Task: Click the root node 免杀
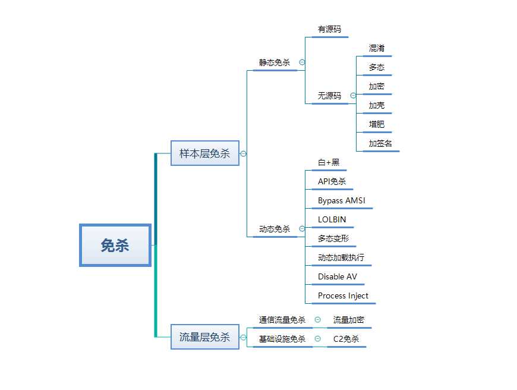(x=115, y=245)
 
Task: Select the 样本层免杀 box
(x=204, y=153)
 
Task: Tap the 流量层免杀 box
(x=204, y=337)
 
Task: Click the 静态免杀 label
(x=275, y=62)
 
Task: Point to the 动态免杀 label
(x=275, y=229)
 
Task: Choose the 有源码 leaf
(x=329, y=29)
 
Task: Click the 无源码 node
(x=329, y=96)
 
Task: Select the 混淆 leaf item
(x=376, y=48)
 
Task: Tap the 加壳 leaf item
(x=376, y=105)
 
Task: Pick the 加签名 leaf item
(x=380, y=143)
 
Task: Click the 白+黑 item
(x=329, y=162)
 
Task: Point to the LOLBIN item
(x=332, y=219)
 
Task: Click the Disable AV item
(x=338, y=276)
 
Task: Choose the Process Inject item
(x=343, y=295)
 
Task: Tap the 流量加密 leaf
(x=349, y=320)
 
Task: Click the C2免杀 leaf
(x=346, y=339)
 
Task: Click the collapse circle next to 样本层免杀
(x=243, y=153)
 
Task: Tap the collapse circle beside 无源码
(x=353, y=96)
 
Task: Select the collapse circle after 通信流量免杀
(x=317, y=320)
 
